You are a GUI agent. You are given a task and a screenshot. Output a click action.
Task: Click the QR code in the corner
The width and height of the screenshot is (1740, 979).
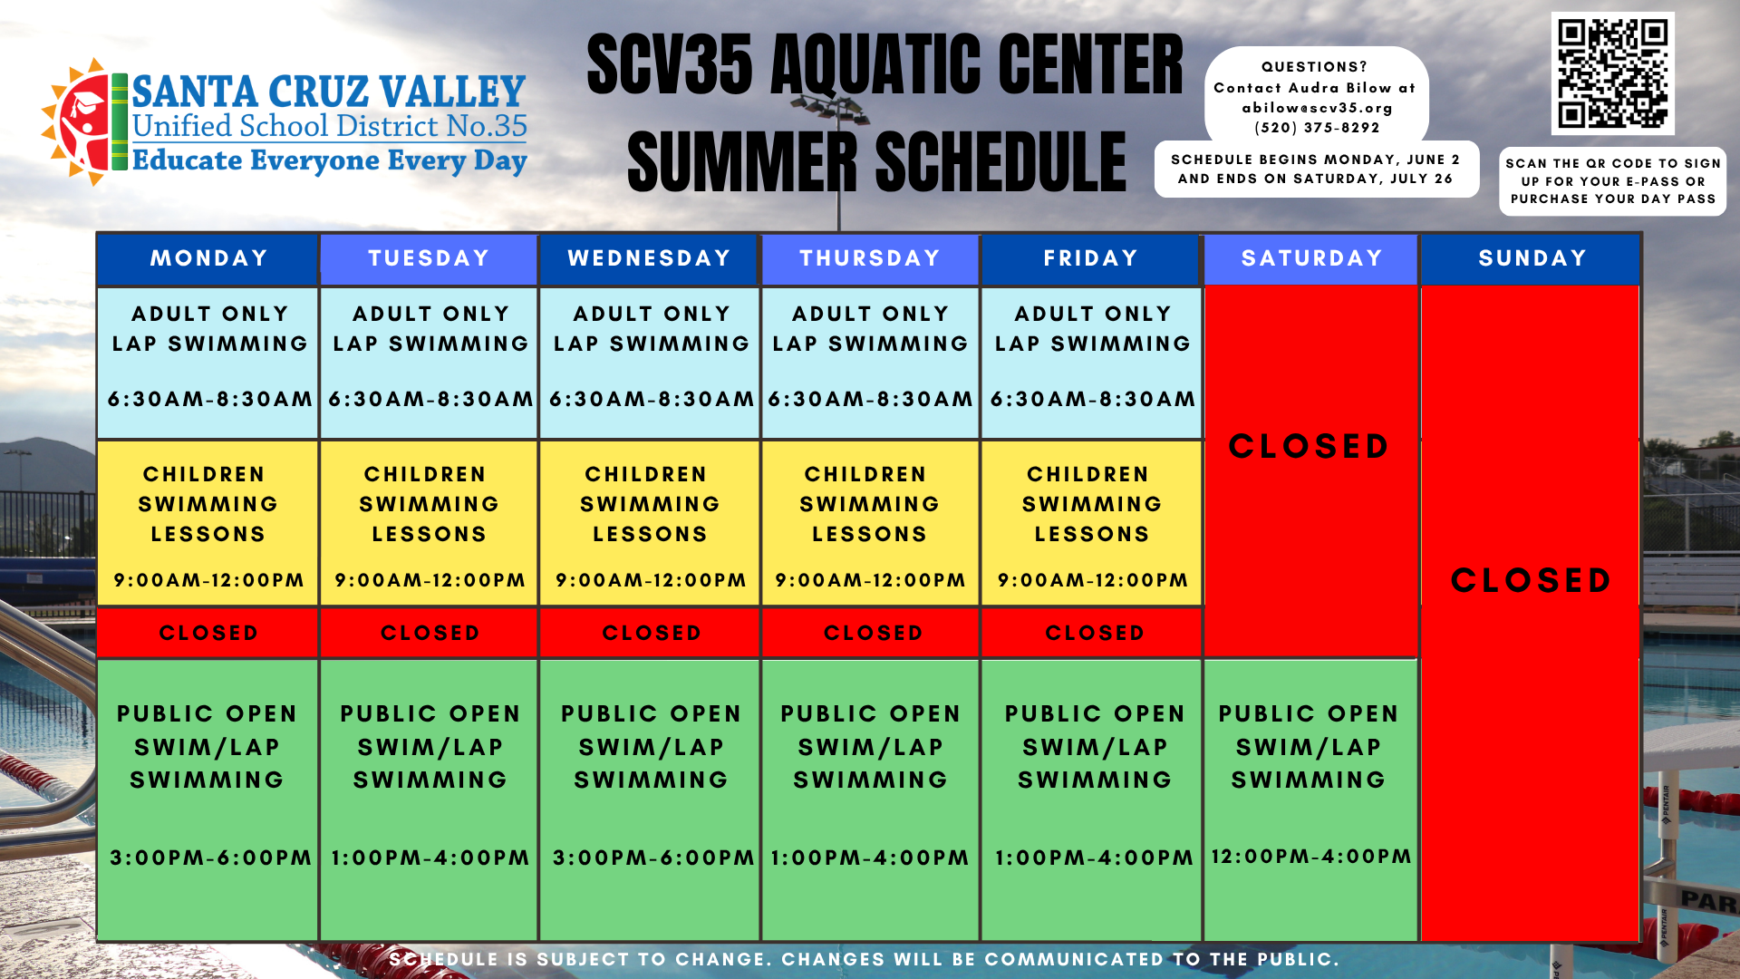click(1612, 74)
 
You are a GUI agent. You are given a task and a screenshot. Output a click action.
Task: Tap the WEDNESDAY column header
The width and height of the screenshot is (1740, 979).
click(649, 258)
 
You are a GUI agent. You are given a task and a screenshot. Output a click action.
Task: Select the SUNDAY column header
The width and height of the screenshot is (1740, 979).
click(1532, 258)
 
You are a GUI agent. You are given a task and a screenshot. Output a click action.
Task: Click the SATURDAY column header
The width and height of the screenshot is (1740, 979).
click(1311, 258)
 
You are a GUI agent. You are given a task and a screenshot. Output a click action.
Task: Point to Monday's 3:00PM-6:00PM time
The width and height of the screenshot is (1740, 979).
click(210, 858)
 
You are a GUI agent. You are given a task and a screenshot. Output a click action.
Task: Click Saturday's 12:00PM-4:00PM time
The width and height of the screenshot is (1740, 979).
click(1310, 856)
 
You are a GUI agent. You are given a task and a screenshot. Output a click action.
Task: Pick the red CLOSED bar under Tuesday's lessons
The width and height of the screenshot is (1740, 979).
click(430, 633)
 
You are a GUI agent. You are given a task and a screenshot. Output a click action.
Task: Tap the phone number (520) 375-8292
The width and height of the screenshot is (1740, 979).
click(1317, 128)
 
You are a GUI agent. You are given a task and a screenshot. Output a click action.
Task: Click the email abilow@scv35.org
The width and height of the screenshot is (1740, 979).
click(1317, 108)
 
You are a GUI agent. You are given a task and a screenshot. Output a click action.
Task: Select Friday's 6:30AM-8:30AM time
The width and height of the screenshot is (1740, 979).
click(1092, 399)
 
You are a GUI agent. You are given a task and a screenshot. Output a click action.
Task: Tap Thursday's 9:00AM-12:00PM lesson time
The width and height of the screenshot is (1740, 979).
click(870, 580)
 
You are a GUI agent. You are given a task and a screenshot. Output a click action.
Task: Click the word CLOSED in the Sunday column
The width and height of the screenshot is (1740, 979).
click(1531, 580)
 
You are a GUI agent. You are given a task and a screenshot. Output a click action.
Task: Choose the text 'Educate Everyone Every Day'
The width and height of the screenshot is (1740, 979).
click(330, 160)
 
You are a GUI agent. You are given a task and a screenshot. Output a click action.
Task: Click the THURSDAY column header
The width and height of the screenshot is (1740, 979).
click(870, 258)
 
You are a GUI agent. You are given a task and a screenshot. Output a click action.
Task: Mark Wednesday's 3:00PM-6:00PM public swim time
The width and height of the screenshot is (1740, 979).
click(652, 858)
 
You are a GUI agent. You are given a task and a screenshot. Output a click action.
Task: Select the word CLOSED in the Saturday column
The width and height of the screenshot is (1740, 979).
click(1309, 446)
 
